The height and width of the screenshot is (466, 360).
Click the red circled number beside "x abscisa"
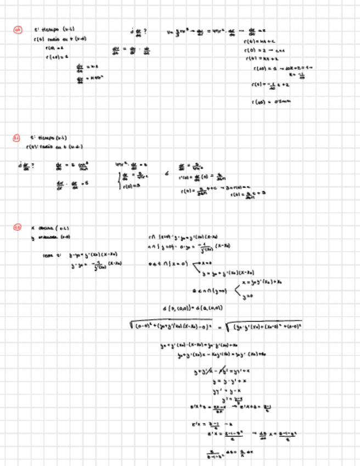pos(17,227)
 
